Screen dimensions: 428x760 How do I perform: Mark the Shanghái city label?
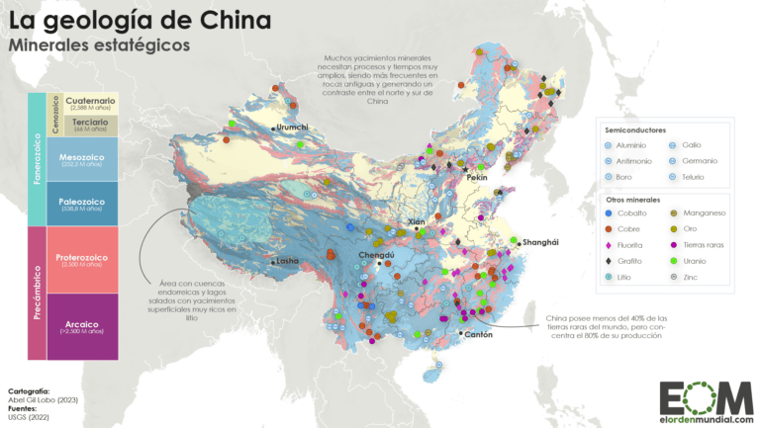(540, 242)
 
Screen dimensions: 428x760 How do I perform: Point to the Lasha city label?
(286, 262)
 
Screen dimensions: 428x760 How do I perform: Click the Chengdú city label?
(376, 255)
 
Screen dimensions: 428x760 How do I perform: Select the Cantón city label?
(478, 335)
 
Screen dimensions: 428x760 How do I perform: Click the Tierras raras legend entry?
(707, 245)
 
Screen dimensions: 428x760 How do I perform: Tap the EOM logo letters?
(693, 396)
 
